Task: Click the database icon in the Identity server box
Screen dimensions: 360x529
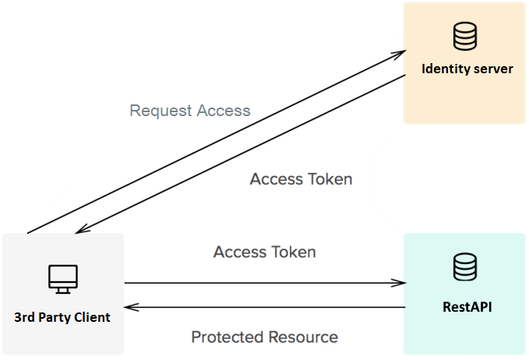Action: click(x=465, y=36)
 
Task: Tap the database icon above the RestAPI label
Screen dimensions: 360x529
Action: click(x=465, y=266)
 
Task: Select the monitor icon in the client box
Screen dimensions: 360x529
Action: click(x=62, y=277)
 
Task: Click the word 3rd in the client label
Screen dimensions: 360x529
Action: click(x=26, y=317)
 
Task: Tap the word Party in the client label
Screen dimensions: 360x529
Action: click(x=56, y=317)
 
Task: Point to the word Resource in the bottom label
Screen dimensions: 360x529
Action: click(x=302, y=337)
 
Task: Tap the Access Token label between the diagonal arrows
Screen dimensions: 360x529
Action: click(x=301, y=178)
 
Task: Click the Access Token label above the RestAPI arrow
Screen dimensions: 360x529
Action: click(x=264, y=252)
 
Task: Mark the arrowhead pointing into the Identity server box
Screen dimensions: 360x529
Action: click(x=400, y=53)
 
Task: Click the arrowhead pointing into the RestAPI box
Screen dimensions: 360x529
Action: click(x=400, y=283)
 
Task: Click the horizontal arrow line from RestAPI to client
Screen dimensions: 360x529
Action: click(x=265, y=307)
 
